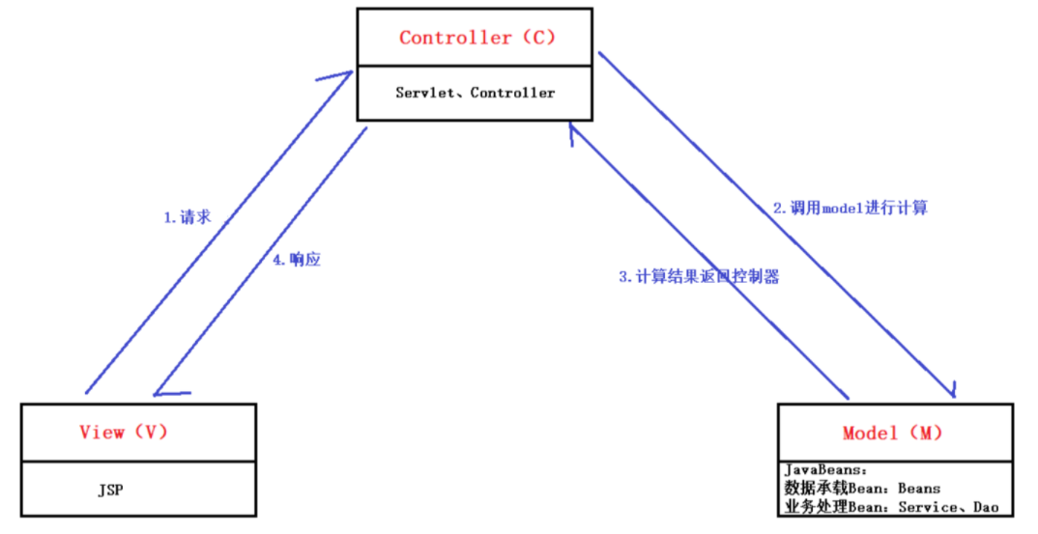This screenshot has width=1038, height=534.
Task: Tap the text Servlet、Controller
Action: pyautogui.click(x=476, y=93)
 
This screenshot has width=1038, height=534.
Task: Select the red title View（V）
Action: pyautogui.click(x=125, y=432)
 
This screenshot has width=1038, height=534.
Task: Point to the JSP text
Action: pyautogui.click(x=110, y=490)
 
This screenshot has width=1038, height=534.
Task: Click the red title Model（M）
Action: pyautogui.click(x=892, y=433)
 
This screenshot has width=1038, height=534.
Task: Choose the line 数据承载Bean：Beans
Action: pyautogui.click(x=862, y=488)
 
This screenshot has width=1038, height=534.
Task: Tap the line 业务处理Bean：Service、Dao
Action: pyautogui.click(x=891, y=506)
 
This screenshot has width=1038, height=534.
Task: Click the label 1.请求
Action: pyautogui.click(x=187, y=217)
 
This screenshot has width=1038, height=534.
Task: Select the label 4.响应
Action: pyautogui.click(x=298, y=260)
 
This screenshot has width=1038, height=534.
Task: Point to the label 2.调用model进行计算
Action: pyautogui.click(x=851, y=208)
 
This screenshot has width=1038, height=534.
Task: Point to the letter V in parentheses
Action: pyautogui.click(x=151, y=432)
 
